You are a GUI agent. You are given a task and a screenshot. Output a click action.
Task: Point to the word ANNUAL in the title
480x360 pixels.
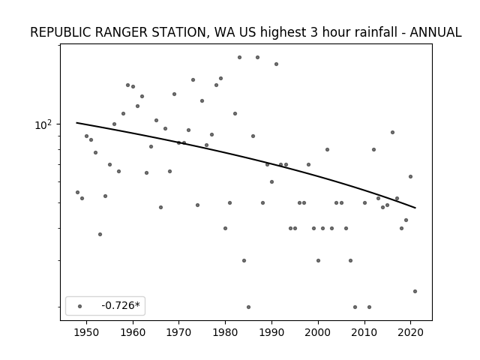[435, 32]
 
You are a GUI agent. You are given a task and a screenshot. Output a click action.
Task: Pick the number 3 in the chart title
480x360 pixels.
[313, 32]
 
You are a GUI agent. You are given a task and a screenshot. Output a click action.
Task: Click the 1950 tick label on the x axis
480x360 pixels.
[87, 332]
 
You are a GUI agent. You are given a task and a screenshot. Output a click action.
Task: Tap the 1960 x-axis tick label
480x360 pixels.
[133, 332]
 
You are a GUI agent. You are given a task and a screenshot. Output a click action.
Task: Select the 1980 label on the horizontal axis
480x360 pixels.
[225, 332]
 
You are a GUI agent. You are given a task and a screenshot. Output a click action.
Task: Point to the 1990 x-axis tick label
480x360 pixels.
[271, 332]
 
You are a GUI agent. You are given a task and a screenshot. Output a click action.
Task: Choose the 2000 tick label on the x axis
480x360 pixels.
[318, 332]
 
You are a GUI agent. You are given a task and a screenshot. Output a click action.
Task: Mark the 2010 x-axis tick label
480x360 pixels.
[364, 332]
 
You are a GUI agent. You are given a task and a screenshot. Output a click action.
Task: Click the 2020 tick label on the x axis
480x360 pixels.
[410, 332]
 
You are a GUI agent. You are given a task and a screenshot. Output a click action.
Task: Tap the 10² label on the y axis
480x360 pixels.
[43, 124]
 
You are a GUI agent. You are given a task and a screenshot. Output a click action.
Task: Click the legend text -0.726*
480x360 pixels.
[121, 305]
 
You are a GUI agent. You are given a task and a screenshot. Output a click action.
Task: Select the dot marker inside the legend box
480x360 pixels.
[80, 306]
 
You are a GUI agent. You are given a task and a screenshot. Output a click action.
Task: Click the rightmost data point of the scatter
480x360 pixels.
[415, 292]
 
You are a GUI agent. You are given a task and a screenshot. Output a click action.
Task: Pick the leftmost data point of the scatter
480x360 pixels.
[77, 192]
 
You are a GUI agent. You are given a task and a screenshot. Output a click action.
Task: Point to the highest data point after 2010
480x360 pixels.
[392, 132]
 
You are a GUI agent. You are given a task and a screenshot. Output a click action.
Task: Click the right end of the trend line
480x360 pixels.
[415, 208]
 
